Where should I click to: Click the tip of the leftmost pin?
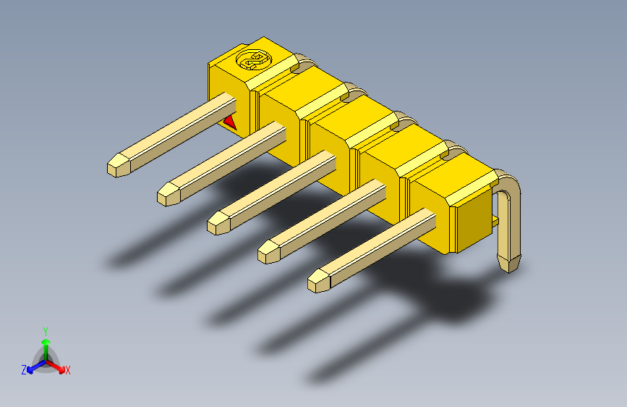coord(116,166)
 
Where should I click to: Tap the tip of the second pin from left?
coord(167,194)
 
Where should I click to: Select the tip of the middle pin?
coord(217,222)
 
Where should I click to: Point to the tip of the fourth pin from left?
coord(268,251)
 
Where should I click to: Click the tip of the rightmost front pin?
coord(317,281)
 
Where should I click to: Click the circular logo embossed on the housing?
coord(253,62)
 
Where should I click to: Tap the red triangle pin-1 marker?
coord(230,121)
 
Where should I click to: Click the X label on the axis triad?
coord(68,371)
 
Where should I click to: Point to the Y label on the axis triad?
coord(45,330)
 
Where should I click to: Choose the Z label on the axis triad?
coord(23,369)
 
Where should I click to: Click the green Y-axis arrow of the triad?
coord(46,344)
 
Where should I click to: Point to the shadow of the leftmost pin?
coord(145,246)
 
